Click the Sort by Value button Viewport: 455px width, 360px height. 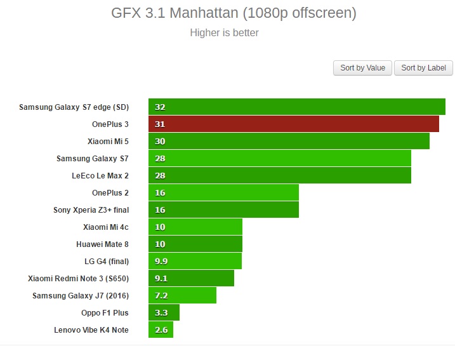tap(362, 68)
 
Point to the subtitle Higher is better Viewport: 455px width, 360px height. tap(224, 32)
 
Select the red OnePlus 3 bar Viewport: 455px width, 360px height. tap(294, 124)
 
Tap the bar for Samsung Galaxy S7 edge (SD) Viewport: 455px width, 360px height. tap(297, 107)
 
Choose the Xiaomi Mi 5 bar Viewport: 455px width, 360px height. tap(289, 141)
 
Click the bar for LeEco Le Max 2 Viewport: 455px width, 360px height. tap(280, 175)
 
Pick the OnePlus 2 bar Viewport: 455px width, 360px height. tap(223, 192)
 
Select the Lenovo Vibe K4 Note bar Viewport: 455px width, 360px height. tap(161, 330)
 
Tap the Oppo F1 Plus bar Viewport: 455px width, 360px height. tap(164, 312)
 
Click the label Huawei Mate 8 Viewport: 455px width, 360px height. tap(102, 244)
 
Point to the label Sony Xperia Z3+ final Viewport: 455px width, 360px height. tap(91, 210)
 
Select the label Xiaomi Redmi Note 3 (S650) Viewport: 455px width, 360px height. tap(78, 278)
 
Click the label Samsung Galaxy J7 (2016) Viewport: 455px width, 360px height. tap(81, 295)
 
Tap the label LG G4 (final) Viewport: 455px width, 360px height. tap(107, 261)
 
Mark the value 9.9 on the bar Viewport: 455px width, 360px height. tap(161, 261)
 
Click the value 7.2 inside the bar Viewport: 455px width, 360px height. tap(161, 295)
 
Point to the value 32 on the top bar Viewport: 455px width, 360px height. tap(160, 107)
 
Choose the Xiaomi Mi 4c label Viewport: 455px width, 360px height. tap(106, 227)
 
